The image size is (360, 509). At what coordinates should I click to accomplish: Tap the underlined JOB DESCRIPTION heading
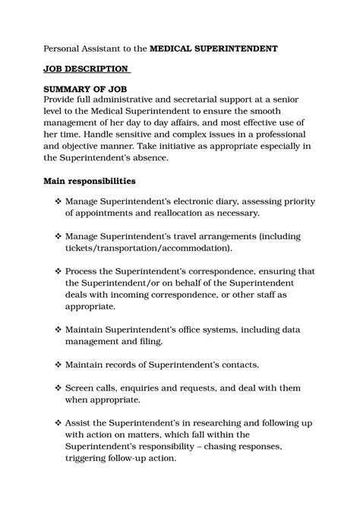pos(86,69)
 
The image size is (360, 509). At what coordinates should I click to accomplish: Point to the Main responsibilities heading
pos(90,182)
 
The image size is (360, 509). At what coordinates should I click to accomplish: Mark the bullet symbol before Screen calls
pos(58,387)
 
